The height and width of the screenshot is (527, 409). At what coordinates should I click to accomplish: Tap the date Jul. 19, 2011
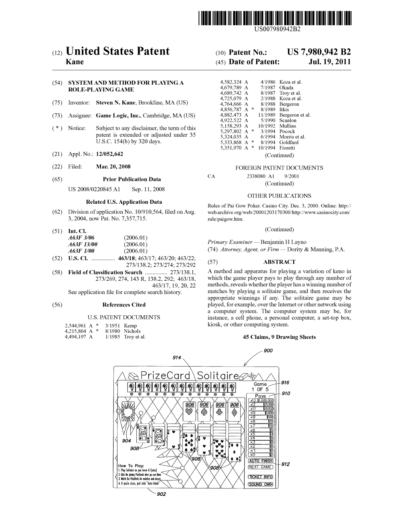pos(332,62)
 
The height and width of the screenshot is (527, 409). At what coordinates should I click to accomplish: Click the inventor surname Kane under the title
pos(75,62)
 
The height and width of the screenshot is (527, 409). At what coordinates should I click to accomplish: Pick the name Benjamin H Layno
pos(283,242)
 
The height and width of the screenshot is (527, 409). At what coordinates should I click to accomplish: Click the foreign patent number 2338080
pos(257,176)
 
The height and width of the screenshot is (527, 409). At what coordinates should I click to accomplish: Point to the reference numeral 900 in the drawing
pos(268,351)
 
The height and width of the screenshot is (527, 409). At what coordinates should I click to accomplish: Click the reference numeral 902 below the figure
pos(161,494)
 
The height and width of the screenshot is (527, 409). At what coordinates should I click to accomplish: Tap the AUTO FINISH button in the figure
pos(260,461)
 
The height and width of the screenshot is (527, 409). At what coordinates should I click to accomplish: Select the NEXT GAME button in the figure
pos(260,467)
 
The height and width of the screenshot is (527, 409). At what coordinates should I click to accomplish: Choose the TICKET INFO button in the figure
pos(260,477)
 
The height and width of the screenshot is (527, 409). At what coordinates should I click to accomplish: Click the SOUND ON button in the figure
pos(260,484)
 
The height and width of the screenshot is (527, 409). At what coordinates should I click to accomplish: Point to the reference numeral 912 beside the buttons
pos(285,464)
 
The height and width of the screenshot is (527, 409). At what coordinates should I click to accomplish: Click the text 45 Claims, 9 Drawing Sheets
pos(279,337)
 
